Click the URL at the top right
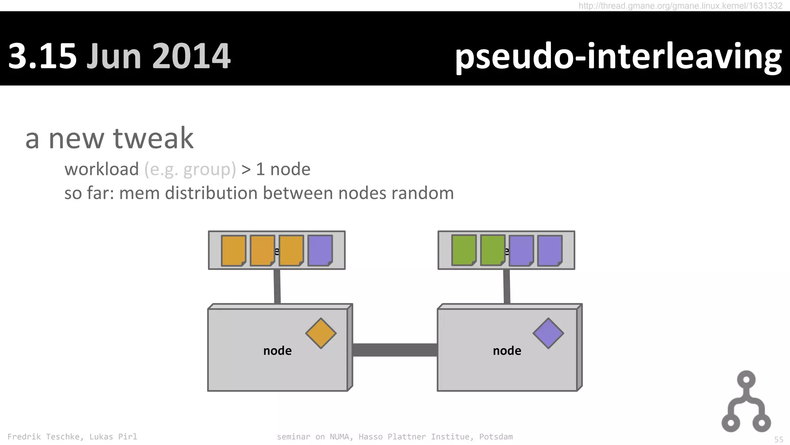click(680, 6)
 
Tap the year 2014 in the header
click(192, 56)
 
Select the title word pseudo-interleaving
click(618, 56)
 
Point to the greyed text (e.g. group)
click(190, 169)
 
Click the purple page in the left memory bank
click(320, 250)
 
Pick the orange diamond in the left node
click(321, 333)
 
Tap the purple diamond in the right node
click(548, 333)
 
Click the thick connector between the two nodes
click(395, 350)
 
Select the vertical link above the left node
click(277, 287)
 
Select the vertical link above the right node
click(506, 287)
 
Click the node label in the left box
click(277, 351)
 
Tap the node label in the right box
click(507, 351)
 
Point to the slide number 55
click(778, 440)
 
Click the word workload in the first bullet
click(101, 169)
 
